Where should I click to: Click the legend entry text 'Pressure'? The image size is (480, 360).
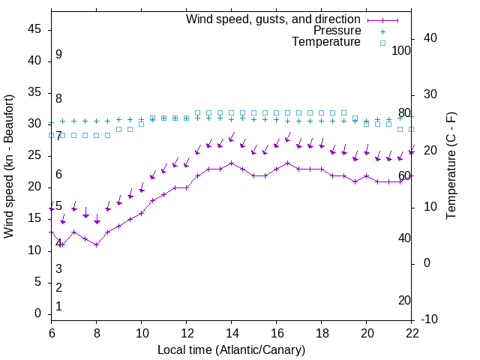pos(337,31)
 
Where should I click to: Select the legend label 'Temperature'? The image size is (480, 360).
pos(326,42)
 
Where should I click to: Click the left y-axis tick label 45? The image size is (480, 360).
pos(35,29)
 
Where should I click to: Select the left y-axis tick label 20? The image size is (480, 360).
pos(35,187)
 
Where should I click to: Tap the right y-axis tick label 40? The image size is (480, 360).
pos(430,38)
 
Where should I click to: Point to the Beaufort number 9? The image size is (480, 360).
pos(58,55)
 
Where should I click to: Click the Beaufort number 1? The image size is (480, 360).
pos(58,307)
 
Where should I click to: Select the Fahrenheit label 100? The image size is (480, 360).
pos(402,50)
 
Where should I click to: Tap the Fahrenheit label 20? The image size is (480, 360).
pos(404,300)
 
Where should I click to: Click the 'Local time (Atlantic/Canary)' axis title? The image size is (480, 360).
pos(231,349)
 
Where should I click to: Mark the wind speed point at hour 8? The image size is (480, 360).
pos(97,244)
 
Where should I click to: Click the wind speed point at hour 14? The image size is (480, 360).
pos(232,163)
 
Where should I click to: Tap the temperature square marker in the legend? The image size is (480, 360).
pos(382,43)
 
